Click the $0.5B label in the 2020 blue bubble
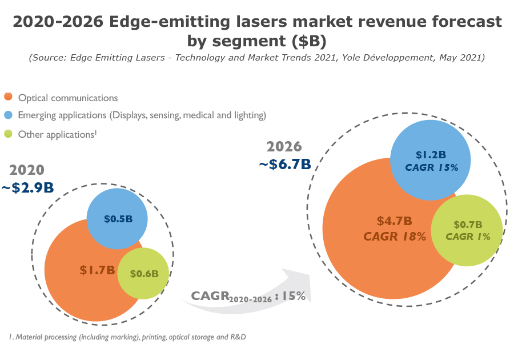coord(118,219)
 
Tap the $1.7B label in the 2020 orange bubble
coord(98,270)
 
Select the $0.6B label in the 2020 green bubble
coord(144,274)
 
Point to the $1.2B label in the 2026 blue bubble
coord(431,155)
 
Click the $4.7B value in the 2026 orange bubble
coord(394,221)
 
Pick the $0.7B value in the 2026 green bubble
coord(468,225)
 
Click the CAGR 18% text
coord(395,236)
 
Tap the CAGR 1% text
coord(468,237)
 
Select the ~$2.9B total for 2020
coord(28,187)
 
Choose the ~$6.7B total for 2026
coord(285,164)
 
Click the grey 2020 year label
coord(27,170)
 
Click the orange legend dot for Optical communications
coord(8,98)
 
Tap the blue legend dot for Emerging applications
coord(8,115)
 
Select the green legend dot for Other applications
coord(8,135)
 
